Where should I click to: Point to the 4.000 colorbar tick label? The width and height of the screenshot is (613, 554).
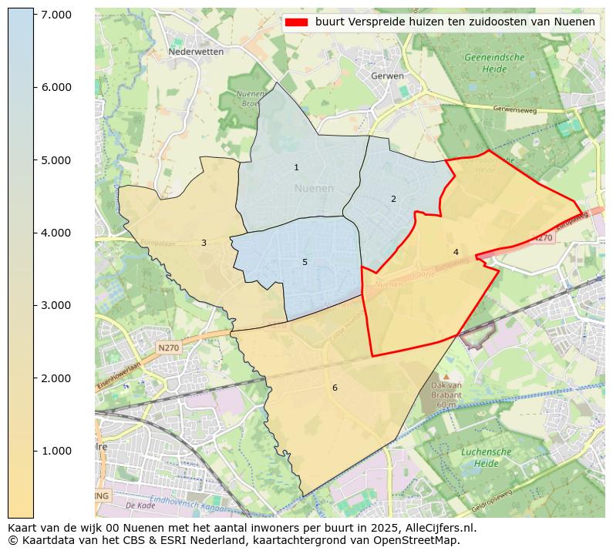point(56,233)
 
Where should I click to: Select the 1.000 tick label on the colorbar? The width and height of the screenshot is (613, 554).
point(56,451)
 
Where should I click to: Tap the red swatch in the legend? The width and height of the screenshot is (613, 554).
point(295,22)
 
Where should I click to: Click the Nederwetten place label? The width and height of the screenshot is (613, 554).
point(196,52)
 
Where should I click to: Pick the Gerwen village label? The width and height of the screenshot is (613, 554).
point(387,76)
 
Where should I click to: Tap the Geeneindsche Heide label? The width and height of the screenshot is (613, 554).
point(494,63)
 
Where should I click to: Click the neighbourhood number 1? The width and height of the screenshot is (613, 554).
point(296,167)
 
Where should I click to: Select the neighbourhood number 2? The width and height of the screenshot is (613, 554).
point(393,199)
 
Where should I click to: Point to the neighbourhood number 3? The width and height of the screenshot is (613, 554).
point(204,243)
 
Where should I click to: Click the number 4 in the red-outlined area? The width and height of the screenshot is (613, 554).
point(456,252)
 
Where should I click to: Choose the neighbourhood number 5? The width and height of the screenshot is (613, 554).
point(305,262)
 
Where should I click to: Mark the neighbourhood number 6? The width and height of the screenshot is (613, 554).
point(335,388)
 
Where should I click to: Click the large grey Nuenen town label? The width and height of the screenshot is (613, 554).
point(314,188)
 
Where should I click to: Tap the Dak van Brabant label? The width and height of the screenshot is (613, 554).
point(446,395)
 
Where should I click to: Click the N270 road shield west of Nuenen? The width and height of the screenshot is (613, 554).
point(169,348)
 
